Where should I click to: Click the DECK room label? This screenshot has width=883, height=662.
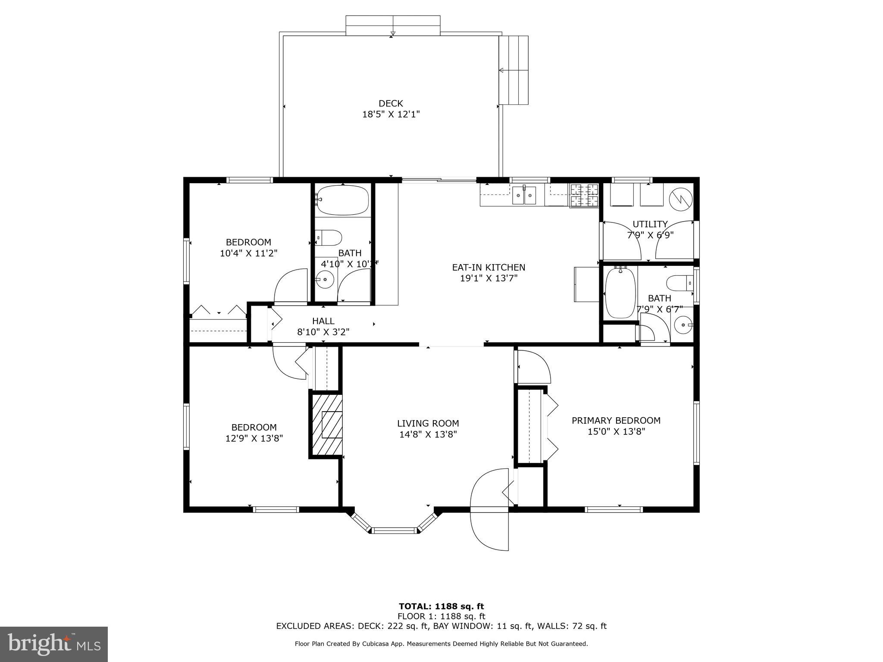[391, 103]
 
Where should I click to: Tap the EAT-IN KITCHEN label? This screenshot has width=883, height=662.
[488, 267]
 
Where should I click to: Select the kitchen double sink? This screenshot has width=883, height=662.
[524, 196]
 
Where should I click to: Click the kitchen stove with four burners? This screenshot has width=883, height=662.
[584, 195]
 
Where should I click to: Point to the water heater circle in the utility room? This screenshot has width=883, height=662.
[680, 199]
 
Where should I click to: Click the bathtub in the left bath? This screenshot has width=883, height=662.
[342, 200]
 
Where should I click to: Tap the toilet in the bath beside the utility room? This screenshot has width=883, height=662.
[679, 283]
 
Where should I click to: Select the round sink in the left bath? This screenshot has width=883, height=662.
[325, 280]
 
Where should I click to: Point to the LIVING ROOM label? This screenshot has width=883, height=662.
[428, 423]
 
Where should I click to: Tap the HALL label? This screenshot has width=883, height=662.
[323, 321]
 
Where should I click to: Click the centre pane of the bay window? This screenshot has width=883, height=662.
[395, 531]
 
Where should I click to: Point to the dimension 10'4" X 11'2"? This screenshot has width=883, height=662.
[248, 253]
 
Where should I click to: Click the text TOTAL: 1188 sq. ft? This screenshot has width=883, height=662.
[441, 606]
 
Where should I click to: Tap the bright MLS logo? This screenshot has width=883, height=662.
[53, 644]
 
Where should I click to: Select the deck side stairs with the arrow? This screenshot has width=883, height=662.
[514, 70]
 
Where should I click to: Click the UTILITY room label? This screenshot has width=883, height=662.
[650, 224]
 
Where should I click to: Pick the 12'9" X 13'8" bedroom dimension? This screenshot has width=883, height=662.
[254, 438]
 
